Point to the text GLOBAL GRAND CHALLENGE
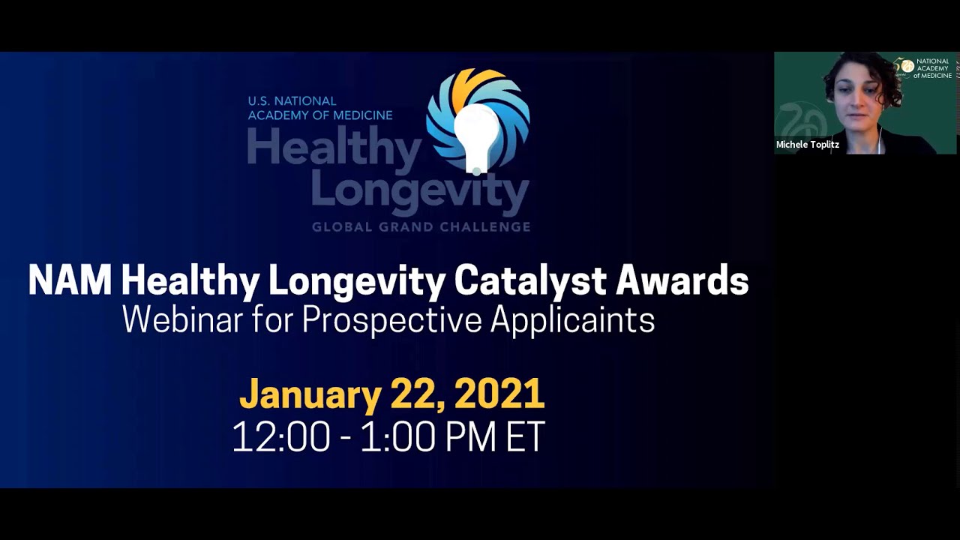421,226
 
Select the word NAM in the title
70,281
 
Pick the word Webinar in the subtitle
182,319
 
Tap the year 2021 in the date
499,394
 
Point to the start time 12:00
281,436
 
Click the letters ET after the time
525,436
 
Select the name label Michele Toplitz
808,144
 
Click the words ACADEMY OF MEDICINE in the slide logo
320,115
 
